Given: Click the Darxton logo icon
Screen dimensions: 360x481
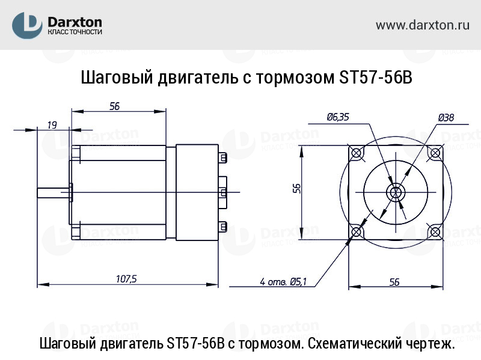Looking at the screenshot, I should tap(27, 26).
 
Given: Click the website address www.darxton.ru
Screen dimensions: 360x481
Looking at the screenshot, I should tap(422, 25).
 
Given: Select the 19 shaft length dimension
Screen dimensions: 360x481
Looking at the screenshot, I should tap(51, 125).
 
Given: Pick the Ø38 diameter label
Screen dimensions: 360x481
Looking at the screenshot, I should tap(446, 117).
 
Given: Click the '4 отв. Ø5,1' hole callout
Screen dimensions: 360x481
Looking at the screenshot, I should tap(283, 281).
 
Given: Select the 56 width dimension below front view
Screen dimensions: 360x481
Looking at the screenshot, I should tap(394, 281).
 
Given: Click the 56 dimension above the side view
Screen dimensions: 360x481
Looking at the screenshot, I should tap(114, 106).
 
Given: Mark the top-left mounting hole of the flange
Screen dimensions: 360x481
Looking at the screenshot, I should tap(357, 152).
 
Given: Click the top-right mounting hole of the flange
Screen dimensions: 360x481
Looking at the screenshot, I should tap(434, 152).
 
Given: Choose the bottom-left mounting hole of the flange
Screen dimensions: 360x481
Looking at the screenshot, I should tap(357, 231).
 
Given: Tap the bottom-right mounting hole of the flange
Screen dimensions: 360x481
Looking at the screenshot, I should tap(434, 231).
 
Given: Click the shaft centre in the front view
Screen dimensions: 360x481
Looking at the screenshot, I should tap(395, 192).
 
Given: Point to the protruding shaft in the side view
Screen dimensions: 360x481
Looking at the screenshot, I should tap(53, 192).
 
